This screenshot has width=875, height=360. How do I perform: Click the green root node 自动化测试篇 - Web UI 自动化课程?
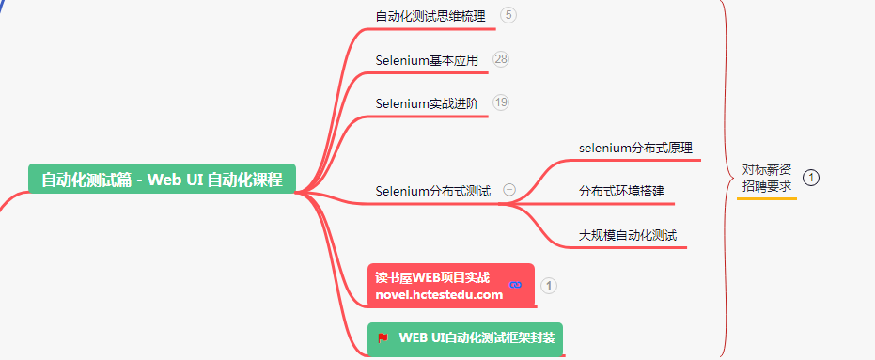162,179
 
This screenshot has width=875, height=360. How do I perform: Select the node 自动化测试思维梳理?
431,16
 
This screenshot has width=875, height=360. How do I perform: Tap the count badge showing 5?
508,15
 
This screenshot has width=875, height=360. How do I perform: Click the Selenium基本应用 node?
427,60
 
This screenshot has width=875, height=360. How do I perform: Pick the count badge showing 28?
501,59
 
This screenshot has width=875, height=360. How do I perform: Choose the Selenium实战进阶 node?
427,103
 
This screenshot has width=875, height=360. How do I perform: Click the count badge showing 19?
501,102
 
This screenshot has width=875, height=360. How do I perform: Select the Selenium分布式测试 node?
432,191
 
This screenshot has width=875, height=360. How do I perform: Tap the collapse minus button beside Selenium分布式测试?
509,189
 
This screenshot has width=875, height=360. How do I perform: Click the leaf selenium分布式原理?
635,148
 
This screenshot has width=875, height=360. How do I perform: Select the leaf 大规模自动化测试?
628,234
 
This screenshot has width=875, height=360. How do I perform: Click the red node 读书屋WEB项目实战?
432,277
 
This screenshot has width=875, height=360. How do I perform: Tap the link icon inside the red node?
514,285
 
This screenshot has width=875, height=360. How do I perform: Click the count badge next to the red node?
550,285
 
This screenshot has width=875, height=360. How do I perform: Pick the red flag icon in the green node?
383,337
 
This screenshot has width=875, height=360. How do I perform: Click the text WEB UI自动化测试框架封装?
477,337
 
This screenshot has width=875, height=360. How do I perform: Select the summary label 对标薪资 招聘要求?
766,178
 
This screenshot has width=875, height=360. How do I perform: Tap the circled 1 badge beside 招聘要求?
812,177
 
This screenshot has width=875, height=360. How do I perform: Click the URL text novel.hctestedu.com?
439,294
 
